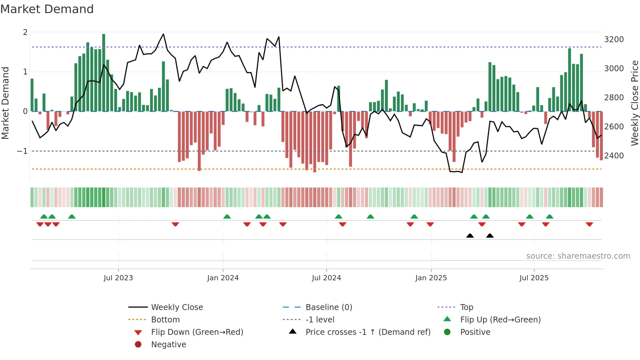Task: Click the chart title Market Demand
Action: [47, 9]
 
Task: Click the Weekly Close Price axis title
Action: [634, 103]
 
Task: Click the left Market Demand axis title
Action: [6, 103]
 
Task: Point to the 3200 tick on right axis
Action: [614, 40]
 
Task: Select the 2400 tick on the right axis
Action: [614, 156]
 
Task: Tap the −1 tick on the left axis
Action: [22, 151]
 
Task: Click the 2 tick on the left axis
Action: [25, 32]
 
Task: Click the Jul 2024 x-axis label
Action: [326, 278]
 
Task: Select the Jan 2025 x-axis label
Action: [431, 278]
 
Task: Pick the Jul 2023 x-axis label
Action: [118, 278]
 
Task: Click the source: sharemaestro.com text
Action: [578, 256]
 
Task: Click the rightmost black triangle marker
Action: [490, 236]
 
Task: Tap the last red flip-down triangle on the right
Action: [589, 224]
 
